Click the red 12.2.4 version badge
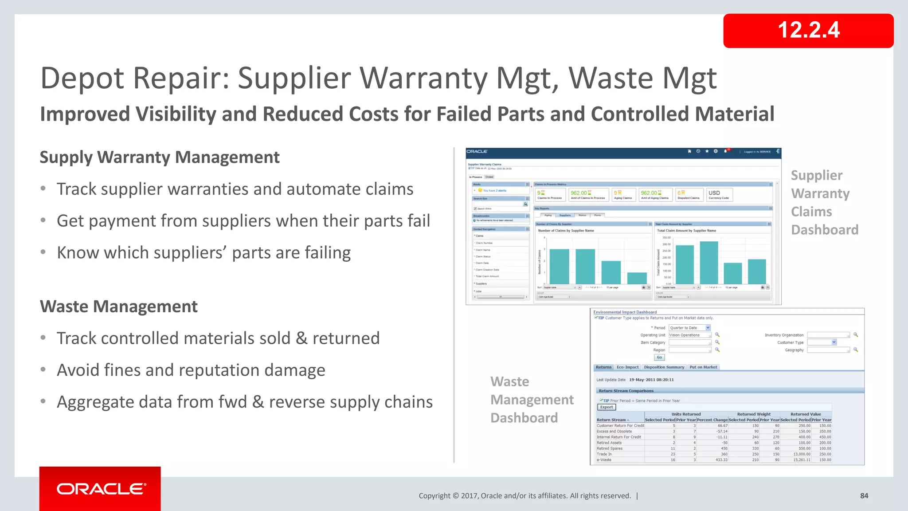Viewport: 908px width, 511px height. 808,31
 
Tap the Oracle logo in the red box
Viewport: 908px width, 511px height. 101,489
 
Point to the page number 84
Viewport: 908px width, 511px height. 864,496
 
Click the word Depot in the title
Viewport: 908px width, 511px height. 82,78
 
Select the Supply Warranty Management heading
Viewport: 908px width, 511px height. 160,157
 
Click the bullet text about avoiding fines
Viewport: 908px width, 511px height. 191,370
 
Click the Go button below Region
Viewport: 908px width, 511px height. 659,358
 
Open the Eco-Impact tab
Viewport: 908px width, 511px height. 627,367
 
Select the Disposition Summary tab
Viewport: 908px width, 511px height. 664,367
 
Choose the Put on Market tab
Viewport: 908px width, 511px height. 703,367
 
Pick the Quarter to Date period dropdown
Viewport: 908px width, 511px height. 689,328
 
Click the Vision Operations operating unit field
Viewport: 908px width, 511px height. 689,335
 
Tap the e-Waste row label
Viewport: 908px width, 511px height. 604,460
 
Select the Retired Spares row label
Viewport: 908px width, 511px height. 610,448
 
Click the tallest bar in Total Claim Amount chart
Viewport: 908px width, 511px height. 708,263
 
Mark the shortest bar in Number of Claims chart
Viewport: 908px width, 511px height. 637,278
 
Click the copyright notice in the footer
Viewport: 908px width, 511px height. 524,496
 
